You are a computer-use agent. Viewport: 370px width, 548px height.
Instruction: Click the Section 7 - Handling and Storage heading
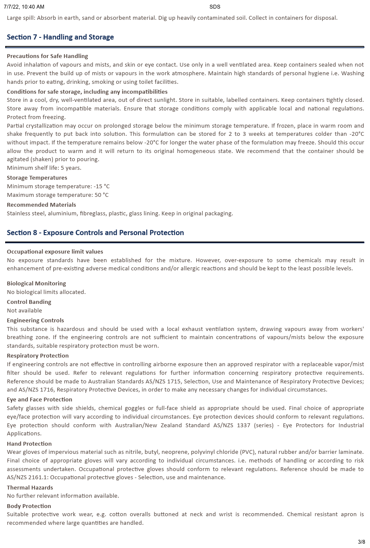click(x=60, y=37)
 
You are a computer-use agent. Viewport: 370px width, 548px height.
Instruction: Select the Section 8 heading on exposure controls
click(x=95, y=233)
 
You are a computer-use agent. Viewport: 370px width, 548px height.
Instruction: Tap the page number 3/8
click(x=361, y=542)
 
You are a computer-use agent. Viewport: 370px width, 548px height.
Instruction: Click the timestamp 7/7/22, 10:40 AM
click(x=24, y=7)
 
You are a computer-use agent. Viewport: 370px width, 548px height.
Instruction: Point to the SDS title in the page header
click(x=215, y=7)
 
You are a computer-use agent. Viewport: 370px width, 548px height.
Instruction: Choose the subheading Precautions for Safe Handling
click(x=47, y=56)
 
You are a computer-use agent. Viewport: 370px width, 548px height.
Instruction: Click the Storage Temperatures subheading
click(x=37, y=178)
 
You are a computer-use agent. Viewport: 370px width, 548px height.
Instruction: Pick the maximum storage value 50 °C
click(x=102, y=195)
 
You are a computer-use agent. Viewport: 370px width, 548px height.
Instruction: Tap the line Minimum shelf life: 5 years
click(x=44, y=168)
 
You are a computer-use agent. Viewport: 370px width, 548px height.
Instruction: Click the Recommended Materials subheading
click(x=41, y=205)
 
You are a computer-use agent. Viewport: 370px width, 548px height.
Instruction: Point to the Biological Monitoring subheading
click(x=37, y=284)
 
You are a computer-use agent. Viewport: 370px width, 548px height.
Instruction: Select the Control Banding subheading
click(x=29, y=302)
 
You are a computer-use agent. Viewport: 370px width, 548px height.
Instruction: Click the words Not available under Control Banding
click(x=25, y=311)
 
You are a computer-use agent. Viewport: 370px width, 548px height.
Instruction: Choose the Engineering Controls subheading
click(x=35, y=321)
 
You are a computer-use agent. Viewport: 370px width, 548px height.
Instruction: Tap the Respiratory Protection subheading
click(x=38, y=356)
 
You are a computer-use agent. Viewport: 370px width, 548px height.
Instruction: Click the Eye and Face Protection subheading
click(x=40, y=400)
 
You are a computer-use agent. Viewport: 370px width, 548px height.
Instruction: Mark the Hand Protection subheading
click(x=29, y=444)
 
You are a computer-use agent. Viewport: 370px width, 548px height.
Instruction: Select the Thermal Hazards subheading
click(x=30, y=488)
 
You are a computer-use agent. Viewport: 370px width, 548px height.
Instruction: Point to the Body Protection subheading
click(x=29, y=506)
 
